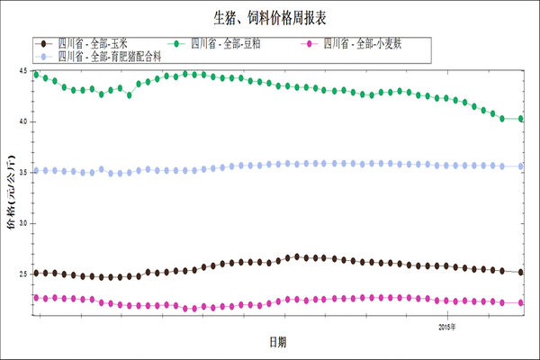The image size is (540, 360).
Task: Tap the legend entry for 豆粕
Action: (x=221, y=42)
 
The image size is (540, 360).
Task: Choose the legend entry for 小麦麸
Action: (x=360, y=42)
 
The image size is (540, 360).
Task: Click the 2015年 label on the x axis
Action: (x=447, y=325)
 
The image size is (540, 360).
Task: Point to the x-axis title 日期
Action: (x=279, y=342)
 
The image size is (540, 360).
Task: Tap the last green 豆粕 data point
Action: (x=521, y=119)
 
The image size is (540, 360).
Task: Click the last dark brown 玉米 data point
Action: (x=521, y=272)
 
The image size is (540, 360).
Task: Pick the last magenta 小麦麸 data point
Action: (x=521, y=302)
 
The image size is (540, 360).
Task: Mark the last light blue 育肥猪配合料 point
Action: (x=521, y=166)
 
